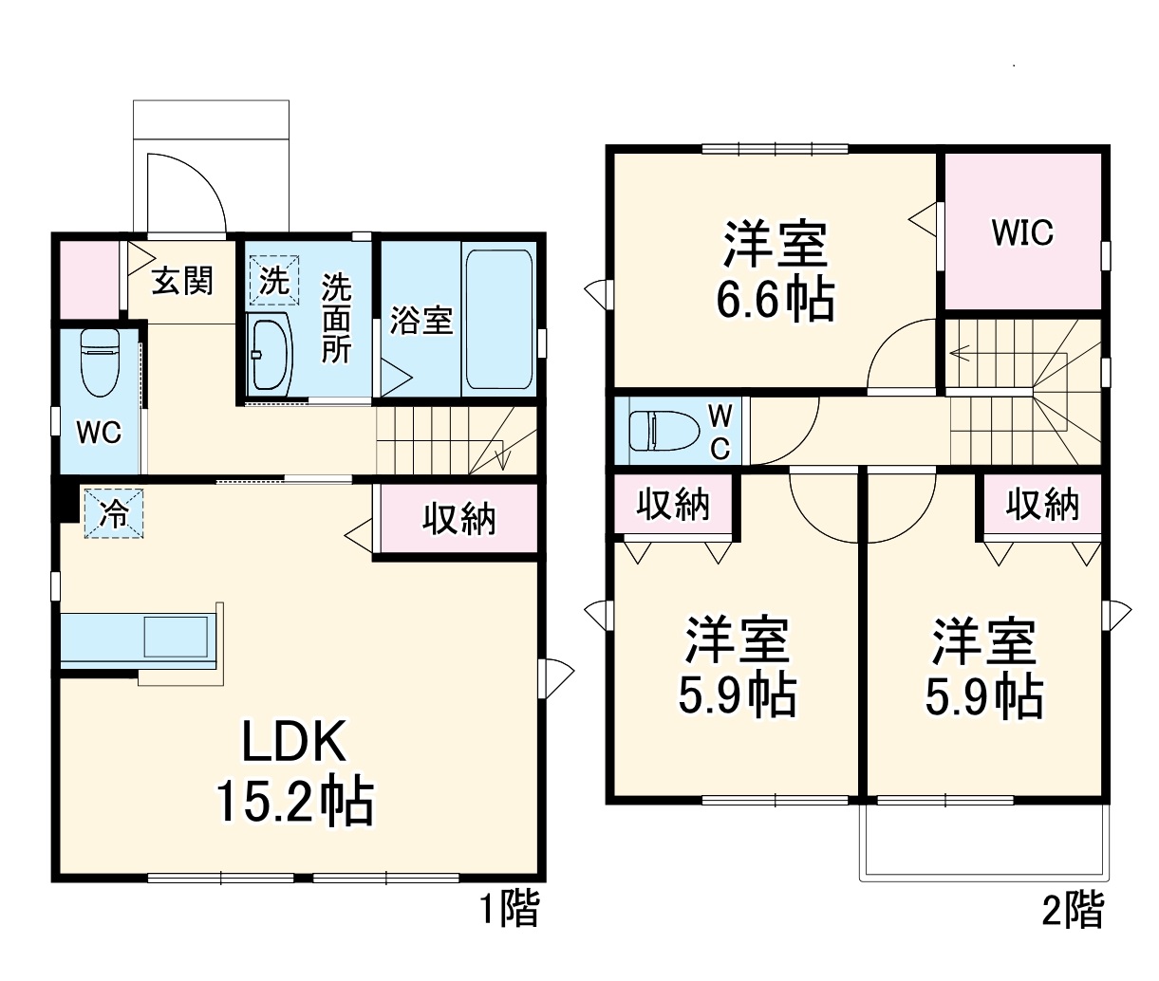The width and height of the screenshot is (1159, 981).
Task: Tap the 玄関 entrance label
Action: [x=182, y=281]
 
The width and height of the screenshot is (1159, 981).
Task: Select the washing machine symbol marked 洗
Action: [x=274, y=280]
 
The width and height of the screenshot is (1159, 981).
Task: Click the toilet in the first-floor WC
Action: [x=99, y=361]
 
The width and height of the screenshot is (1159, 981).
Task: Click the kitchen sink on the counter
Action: [x=175, y=636]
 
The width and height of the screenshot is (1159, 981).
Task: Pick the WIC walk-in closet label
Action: [x=1021, y=232]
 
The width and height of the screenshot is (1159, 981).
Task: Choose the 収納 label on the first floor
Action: [x=458, y=518]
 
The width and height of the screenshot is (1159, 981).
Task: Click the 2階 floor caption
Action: [x=1074, y=910]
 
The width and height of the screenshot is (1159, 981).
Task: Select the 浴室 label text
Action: [x=421, y=320]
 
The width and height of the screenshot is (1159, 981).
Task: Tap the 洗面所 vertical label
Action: [x=335, y=319]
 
